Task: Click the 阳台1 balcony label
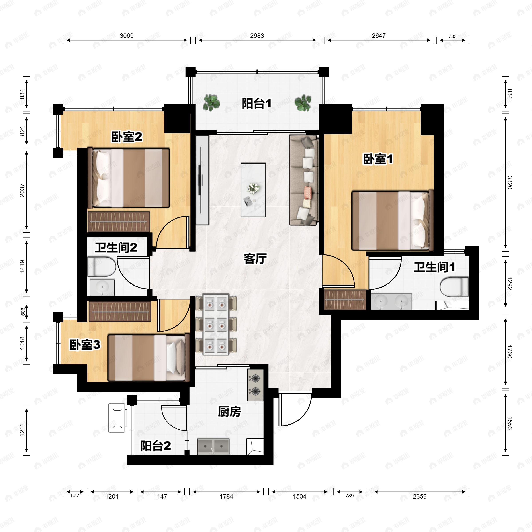pyautogui.click(x=257, y=104)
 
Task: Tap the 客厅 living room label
pyautogui.click(x=255, y=258)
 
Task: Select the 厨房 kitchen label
pyautogui.click(x=229, y=412)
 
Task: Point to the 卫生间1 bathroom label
pyautogui.click(x=434, y=267)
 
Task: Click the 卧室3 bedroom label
pyautogui.click(x=85, y=345)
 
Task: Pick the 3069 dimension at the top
pyautogui.click(x=127, y=36)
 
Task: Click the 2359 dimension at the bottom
pyautogui.click(x=420, y=496)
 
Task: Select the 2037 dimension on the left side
pyautogui.click(x=22, y=190)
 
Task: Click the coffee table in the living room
pyautogui.click(x=253, y=190)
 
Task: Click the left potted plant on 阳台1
pyautogui.click(x=211, y=103)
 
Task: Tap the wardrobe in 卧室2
pyautogui.click(x=119, y=222)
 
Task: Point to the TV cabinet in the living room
pyautogui.click(x=202, y=180)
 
